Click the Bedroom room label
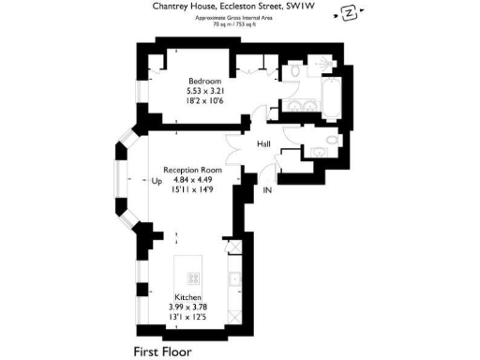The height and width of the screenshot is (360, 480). click(x=204, y=81)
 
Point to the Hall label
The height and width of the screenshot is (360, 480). click(x=263, y=144)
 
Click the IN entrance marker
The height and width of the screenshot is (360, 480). click(x=268, y=191)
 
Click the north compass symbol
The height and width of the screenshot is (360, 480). click(x=349, y=13)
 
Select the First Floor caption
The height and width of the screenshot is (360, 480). click(x=161, y=352)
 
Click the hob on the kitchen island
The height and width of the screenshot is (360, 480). click(x=196, y=278)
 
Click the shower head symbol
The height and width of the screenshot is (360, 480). click(x=323, y=63)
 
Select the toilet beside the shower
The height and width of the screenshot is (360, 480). click(x=295, y=70)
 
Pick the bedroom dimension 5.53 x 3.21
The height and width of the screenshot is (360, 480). click(x=204, y=91)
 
